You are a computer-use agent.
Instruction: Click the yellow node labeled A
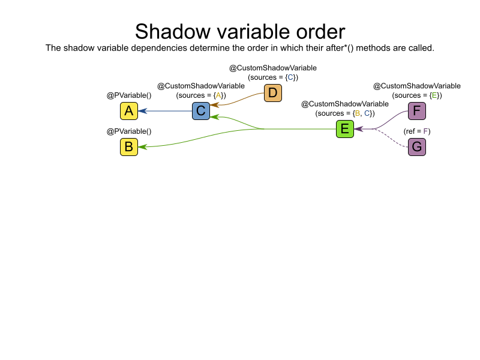[x=129, y=111]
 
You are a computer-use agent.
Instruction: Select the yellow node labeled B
[x=129, y=147]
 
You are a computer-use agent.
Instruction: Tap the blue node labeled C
[x=201, y=111]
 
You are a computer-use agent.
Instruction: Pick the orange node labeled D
[x=273, y=93]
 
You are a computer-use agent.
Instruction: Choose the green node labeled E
[x=345, y=129]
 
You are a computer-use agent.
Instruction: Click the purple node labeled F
[x=417, y=111]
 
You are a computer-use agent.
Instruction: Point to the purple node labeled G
[x=417, y=147]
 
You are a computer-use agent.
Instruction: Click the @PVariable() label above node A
[x=129, y=95]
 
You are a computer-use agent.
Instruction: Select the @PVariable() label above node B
[x=129, y=131]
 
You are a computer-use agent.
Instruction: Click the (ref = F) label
[x=417, y=131]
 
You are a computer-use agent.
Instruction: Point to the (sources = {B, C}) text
[x=345, y=113]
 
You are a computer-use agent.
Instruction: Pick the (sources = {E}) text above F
[x=417, y=95]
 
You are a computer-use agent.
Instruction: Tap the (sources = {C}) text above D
[x=273, y=77]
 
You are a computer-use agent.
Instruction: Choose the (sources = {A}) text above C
[x=201, y=95]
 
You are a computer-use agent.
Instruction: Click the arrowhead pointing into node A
[x=142, y=111]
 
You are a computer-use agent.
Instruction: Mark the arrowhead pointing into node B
[x=142, y=147]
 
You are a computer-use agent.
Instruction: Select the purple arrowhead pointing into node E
[x=358, y=129]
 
